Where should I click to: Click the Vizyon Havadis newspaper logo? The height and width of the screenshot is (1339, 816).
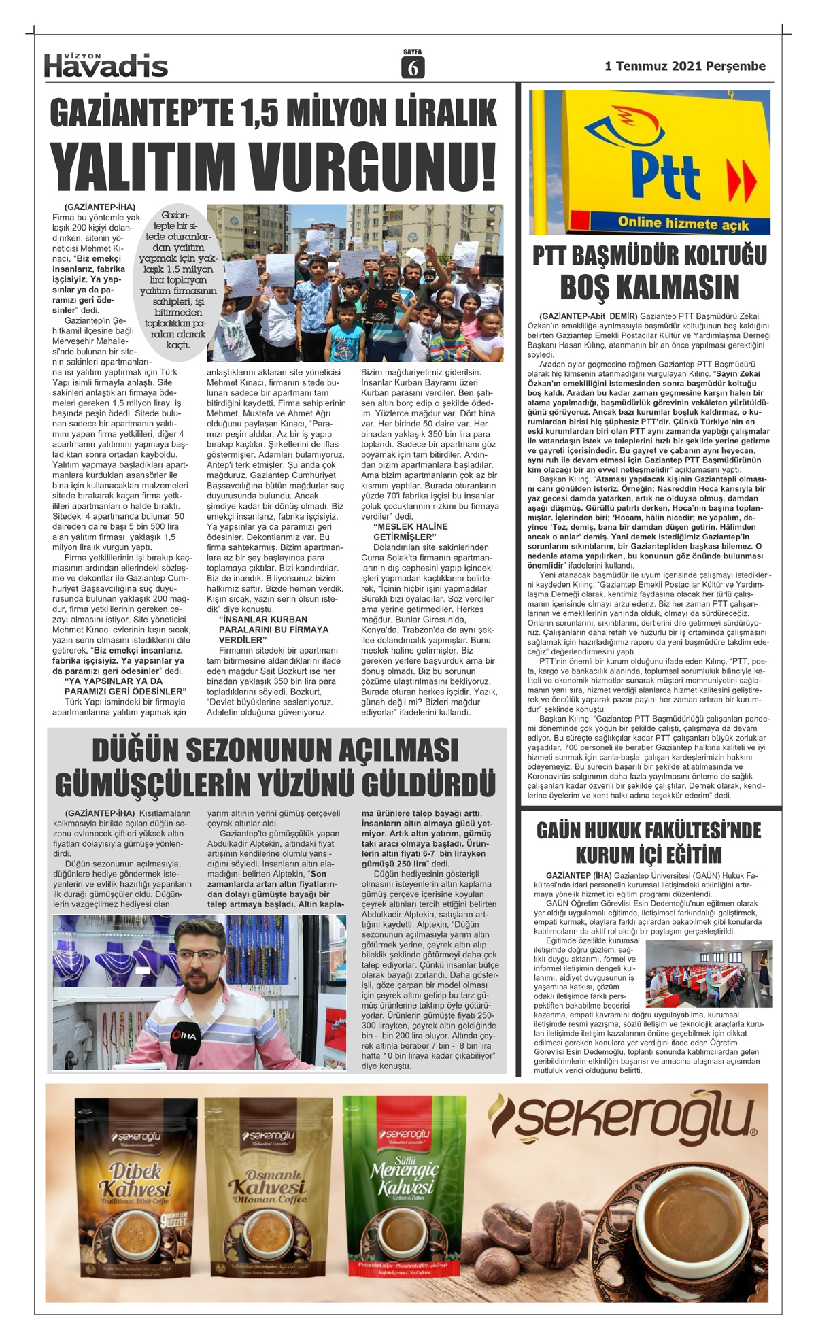[x=105, y=65]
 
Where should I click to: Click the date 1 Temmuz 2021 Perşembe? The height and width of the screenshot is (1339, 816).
[x=685, y=66]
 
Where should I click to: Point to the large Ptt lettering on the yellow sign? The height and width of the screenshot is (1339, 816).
[x=665, y=175]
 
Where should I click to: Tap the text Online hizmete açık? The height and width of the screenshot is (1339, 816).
[x=683, y=223]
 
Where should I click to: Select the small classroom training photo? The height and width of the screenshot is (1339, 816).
[x=709, y=973]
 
